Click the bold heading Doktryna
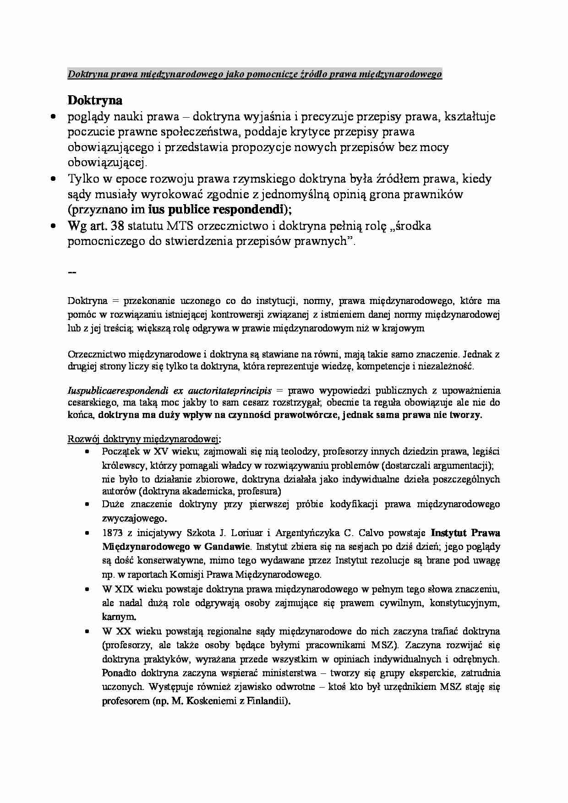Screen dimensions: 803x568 pos(95,100)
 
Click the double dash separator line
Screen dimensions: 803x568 pos(72,272)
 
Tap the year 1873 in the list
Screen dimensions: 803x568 pos(113,533)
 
